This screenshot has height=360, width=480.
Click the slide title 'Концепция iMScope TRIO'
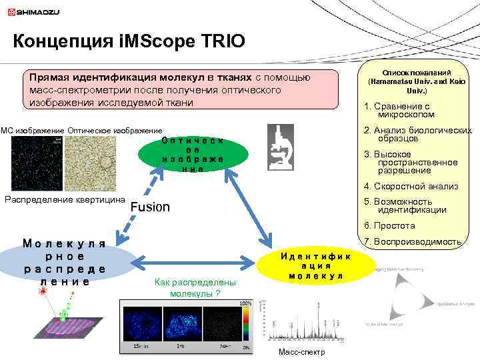[x=129, y=41]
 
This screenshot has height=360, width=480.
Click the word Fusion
[x=150, y=207]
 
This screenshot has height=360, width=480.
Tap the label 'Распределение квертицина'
[x=65, y=199]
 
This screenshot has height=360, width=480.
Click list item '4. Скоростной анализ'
[x=411, y=187]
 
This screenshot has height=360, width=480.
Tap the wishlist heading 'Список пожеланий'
[x=417, y=72]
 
